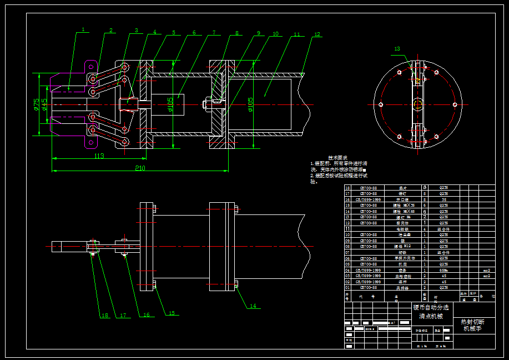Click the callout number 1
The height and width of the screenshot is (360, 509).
(83, 29)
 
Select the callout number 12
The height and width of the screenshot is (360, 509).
(317, 34)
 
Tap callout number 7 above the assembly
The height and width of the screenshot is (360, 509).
(214, 33)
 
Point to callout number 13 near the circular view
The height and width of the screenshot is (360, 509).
(397, 49)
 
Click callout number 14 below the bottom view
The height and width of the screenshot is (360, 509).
(253, 306)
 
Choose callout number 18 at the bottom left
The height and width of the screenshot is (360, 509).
(104, 316)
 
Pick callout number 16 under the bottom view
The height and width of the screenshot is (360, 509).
(147, 315)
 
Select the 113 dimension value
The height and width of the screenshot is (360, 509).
(99, 156)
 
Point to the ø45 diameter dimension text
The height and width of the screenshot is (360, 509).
(44, 104)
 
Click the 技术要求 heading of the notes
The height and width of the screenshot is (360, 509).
(338, 158)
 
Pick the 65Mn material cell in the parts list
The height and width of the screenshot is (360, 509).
(444, 270)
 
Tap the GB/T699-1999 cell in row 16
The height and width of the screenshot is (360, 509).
(368, 199)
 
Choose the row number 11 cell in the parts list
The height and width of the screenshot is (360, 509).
(348, 229)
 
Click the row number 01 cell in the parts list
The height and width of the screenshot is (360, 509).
(348, 287)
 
